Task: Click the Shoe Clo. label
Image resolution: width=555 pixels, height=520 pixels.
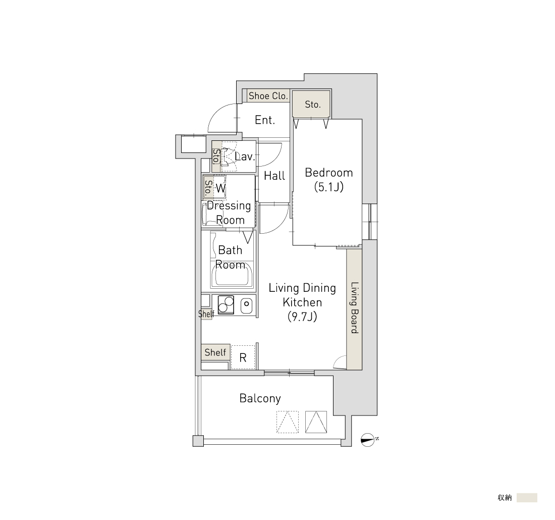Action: coord(268,95)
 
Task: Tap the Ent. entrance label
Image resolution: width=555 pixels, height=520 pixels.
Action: coord(265,120)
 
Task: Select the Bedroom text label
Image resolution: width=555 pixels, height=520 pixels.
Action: coord(329,173)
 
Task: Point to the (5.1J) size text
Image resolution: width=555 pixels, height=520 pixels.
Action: coord(329,187)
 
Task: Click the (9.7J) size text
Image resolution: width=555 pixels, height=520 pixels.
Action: coord(302,317)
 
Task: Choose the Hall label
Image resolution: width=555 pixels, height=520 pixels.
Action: coord(274,176)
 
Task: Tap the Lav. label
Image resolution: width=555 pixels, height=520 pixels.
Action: coord(245,157)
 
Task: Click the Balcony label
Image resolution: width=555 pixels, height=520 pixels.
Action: coord(260,398)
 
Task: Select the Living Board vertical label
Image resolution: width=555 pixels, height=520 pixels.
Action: coord(355,307)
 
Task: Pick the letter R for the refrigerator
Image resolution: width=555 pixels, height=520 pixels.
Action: coord(243,358)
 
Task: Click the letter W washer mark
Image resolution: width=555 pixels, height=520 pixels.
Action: coord(220,188)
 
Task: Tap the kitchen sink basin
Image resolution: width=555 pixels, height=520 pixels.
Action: coord(246,304)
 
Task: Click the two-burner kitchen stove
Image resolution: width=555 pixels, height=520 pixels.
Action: coord(226,304)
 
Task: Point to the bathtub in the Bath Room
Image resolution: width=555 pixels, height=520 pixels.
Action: coord(232,275)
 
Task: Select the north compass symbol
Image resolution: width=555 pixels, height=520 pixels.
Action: coord(368,440)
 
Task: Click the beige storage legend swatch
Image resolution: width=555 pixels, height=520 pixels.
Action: coord(527,498)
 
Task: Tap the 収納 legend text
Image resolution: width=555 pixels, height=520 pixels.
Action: coord(505,498)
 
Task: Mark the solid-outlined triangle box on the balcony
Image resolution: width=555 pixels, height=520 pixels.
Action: coord(316,422)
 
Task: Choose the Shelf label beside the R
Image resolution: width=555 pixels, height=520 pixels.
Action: coord(215,352)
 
